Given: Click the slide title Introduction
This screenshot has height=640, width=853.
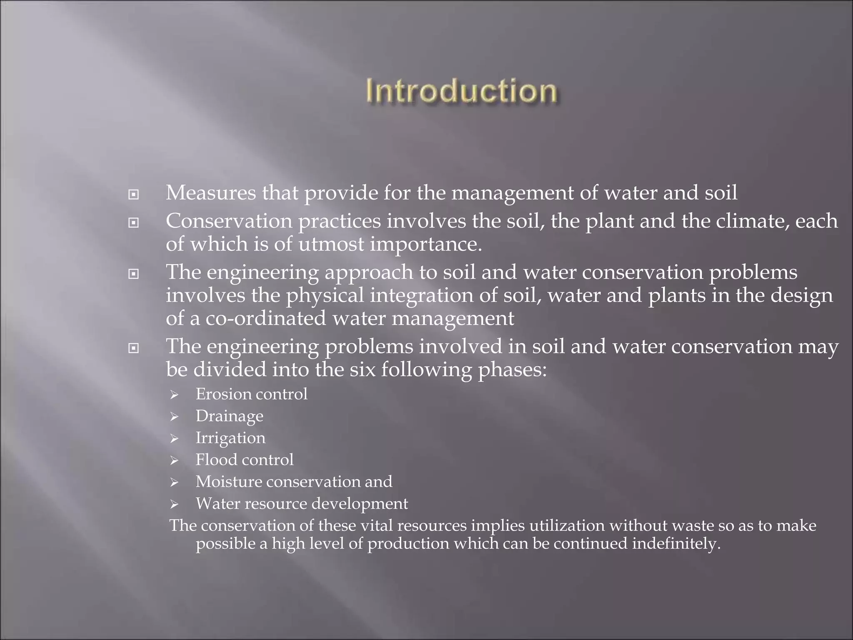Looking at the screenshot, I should [x=461, y=91].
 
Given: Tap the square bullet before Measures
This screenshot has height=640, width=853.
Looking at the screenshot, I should [x=133, y=195].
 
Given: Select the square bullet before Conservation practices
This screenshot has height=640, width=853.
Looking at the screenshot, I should [x=133, y=223].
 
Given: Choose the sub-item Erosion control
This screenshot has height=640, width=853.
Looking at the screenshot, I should [x=252, y=394].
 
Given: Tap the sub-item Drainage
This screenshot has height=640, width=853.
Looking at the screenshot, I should [x=229, y=416].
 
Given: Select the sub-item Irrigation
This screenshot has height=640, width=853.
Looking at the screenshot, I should [x=230, y=438].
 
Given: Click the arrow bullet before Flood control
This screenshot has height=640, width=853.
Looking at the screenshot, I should [x=174, y=460].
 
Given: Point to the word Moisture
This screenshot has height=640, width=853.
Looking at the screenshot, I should [x=228, y=482].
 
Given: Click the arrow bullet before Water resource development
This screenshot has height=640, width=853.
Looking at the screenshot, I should [x=174, y=505].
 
